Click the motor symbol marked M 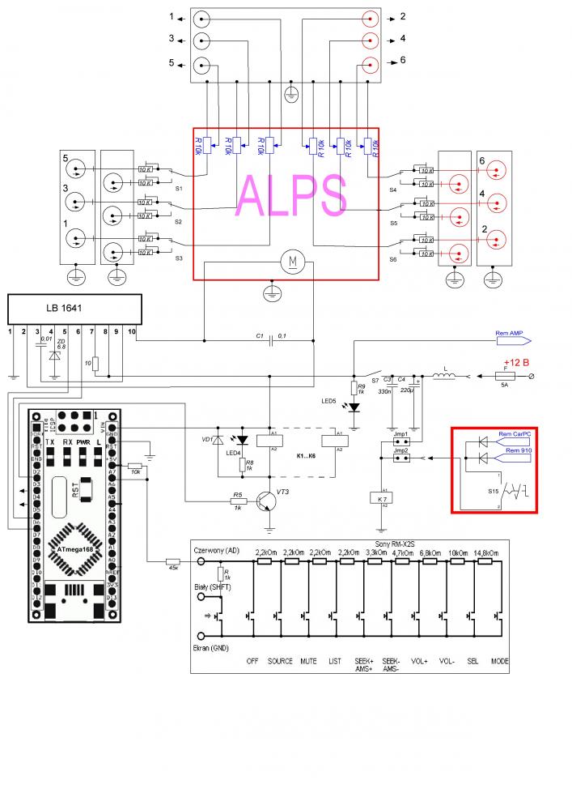290,262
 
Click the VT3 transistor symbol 266,503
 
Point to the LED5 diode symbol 353,407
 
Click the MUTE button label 308,661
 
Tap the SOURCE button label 280,661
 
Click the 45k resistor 172,561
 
